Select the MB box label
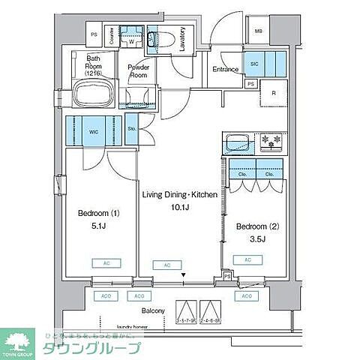coord(258,31)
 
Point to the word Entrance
coord(225,70)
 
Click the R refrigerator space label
coord(274,92)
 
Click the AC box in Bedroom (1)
coord(100,263)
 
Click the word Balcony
coord(135,308)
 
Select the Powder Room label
coord(138,70)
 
